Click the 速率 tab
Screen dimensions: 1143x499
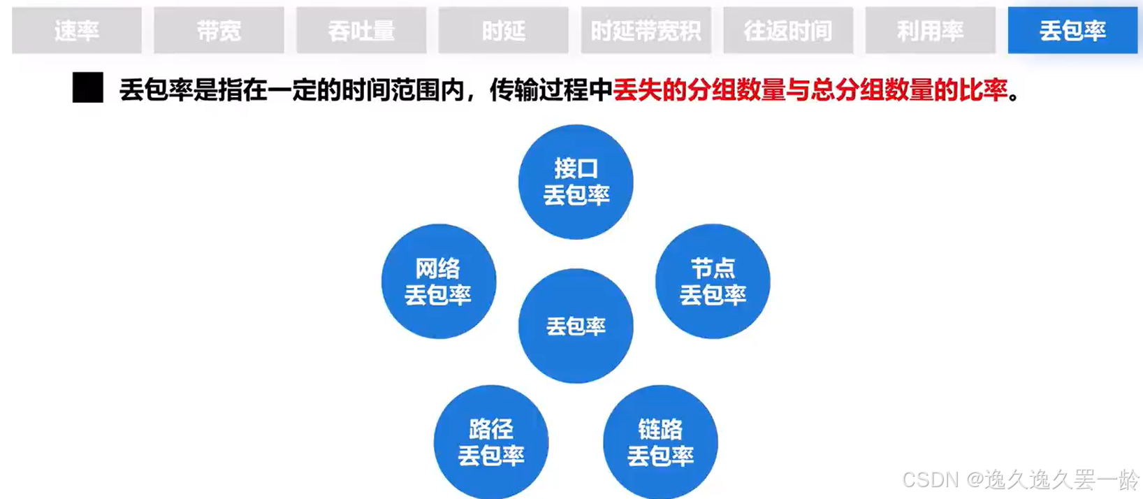click(x=77, y=31)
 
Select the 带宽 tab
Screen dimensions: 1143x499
click(x=219, y=31)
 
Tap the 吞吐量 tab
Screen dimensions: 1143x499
click(x=361, y=31)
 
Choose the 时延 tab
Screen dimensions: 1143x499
click(x=503, y=31)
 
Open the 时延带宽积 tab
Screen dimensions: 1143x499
click(x=646, y=31)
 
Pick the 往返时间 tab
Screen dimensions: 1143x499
click(x=788, y=31)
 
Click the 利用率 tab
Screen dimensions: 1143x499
click(x=930, y=31)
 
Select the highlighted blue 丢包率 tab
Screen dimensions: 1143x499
click(x=1072, y=31)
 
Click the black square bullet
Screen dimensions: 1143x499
click(x=88, y=88)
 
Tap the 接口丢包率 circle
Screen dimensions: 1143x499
click(x=576, y=182)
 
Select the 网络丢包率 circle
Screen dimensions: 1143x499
click(x=439, y=281)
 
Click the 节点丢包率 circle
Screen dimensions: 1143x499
click(x=713, y=281)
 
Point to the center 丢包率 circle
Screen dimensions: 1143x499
click(x=576, y=326)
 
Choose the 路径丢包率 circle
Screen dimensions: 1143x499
click(x=491, y=442)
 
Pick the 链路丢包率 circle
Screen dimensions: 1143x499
click(x=660, y=442)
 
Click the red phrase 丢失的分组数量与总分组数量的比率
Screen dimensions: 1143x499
click(x=810, y=90)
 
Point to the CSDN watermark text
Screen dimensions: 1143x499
click(x=1020, y=479)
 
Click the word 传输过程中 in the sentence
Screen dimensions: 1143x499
click(x=551, y=90)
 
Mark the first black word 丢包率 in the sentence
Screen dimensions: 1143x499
click(x=156, y=90)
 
